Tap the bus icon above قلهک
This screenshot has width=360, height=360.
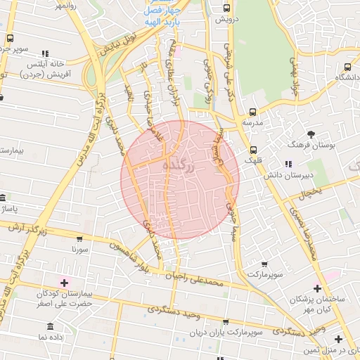pos(253,150)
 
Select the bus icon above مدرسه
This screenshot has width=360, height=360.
pos(252,112)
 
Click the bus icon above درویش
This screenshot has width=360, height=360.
pos(226,8)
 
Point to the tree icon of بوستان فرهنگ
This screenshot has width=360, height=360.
pos(311,133)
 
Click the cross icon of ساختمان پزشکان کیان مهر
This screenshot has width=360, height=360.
pos(317,288)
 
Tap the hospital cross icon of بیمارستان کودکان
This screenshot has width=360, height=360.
pos(65,283)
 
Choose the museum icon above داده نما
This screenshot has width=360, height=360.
pos(50,327)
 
